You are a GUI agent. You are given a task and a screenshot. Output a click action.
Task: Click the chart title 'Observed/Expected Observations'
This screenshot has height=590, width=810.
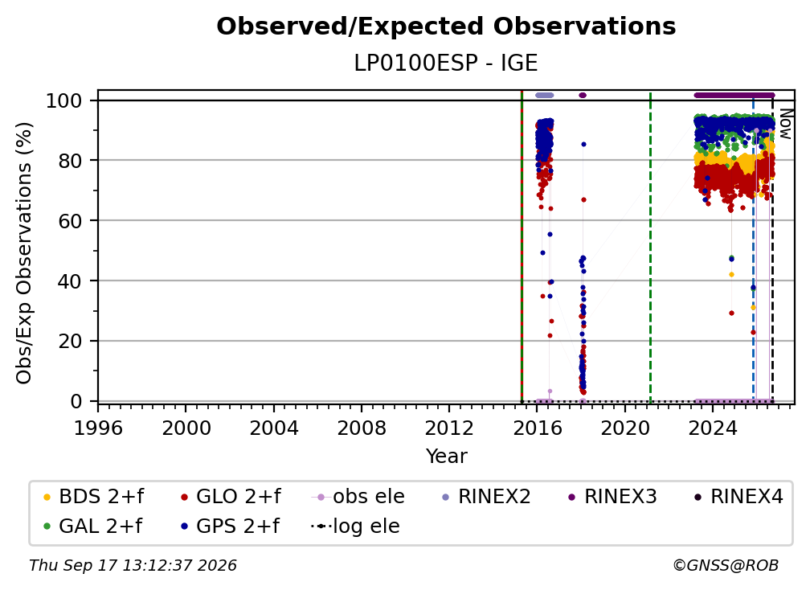pyautogui.click(x=446, y=27)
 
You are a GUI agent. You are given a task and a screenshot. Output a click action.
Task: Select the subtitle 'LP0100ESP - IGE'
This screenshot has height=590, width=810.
pyautogui.click(x=446, y=64)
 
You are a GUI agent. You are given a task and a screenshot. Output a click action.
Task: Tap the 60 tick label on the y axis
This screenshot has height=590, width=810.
pyautogui.click(x=70, y=220)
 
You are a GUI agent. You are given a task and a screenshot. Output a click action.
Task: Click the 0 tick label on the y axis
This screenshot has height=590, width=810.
pyautogui.click(x=76, y=401)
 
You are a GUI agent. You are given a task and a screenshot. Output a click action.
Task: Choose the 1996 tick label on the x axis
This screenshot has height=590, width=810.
pyautogui.click(x=98, y=428)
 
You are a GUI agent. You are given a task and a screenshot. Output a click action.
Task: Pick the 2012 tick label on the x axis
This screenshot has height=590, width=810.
pyautogui.click(x=449, y=428)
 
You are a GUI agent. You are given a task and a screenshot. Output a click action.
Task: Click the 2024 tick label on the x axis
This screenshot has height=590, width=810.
pyautogui.click(x=712, y=428)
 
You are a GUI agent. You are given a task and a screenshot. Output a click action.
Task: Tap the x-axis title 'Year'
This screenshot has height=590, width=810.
pyautogui.click(x=446, y=457)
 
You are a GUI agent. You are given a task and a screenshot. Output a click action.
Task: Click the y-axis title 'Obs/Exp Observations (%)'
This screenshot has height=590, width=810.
pyautogui.click(x=24, y=253)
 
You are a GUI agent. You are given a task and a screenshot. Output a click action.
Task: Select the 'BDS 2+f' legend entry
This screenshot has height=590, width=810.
pyautogui.click(x=93, y=497)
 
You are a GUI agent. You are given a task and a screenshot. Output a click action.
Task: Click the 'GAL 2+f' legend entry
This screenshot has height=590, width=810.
pyautogui.click(x=93, y=526)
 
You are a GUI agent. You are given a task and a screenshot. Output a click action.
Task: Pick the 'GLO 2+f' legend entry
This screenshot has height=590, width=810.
pyautogui.click(x=231, y=497)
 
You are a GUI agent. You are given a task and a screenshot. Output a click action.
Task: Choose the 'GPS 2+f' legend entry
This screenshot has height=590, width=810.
pyautogui.click(x=230, y=526)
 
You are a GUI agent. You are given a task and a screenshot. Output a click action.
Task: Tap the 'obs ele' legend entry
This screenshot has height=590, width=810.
pyautogui.click(x=358, y=497)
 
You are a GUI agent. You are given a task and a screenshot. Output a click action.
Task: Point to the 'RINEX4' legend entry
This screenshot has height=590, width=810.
pyautogui.click(x=738, y=497)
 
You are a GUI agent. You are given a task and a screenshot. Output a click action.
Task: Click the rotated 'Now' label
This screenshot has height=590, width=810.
pyautogui.click(x=785, y=124)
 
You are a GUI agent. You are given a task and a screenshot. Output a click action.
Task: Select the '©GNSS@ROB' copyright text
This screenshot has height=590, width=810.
pyautogui.click(x=726, y=566)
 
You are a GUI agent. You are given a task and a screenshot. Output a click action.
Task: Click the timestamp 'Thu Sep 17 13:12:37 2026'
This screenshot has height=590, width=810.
pyautogui.click(x=133, y=566)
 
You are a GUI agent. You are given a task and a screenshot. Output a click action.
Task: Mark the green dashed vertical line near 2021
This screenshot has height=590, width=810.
pyautogui.click(x=650, y=248)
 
